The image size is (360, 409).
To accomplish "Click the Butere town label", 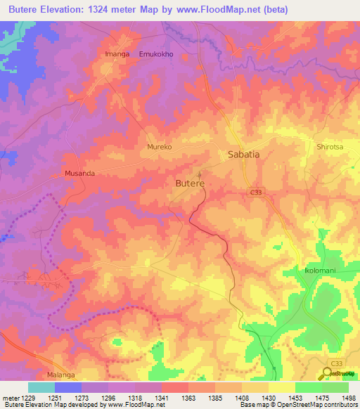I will coord(189,183).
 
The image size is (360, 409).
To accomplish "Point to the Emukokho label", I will coord(156,53).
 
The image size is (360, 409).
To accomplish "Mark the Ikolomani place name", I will coord(303,271).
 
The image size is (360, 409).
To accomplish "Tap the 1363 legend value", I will coord(176,397).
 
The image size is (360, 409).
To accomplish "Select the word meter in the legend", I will coord(10,397).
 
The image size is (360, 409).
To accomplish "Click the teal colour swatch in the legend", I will coord(41,387).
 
